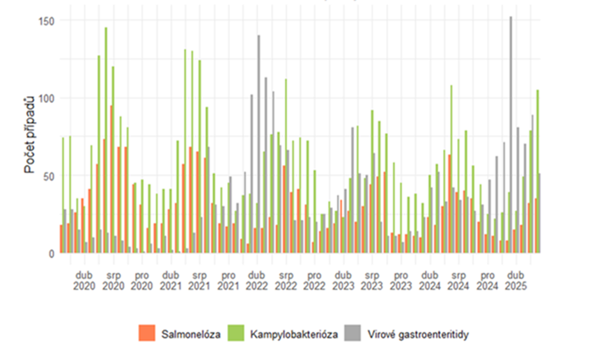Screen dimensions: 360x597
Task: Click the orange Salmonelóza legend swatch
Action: (x=148, y=334)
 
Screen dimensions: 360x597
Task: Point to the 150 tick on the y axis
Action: (x=46, y=21)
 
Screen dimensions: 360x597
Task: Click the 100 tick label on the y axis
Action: (x=46, y=98)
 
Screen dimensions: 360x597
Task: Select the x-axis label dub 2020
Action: (x=83, y=280)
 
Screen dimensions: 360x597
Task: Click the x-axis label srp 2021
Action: (x=199, y=280)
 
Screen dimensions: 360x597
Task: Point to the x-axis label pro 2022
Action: (x=314, y=280)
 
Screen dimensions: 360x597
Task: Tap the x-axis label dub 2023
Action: (x=343, y=280)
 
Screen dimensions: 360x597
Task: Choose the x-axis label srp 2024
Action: (x=458, y=280)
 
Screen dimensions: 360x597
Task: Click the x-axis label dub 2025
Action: (x=516, y=280)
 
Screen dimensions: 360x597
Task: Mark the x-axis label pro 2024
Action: (x=488, y=280)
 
